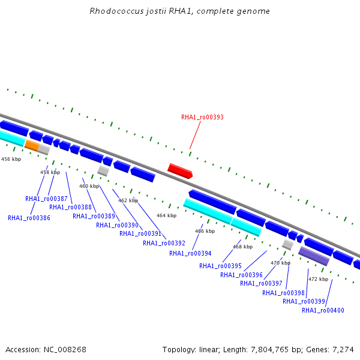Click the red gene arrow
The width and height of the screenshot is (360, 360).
pyautogui.click(x=180, y=171)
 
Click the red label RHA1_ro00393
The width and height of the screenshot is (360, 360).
pyautogui.click(x=202, y=118)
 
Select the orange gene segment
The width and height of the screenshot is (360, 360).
pyautogui.click(x=32, y=146)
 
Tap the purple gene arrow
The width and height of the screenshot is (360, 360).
pyautogui.click(x=314, y=256)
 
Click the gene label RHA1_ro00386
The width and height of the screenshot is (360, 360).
pyautogui.click(x=29, y=218)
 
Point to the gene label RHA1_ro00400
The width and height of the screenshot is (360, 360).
pyautogui.click(x=323, y=310)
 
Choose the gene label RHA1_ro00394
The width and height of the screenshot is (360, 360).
pyautogui.click(x=190, y=253)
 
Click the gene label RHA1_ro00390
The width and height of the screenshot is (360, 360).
pyautogui.click(x=117, y=226)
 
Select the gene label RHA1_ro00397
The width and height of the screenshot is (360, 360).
pyautogui.click(x=261, y=283)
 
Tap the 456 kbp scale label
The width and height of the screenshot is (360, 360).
pyautogui.click(x=11, y=159)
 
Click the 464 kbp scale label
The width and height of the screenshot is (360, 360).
pyautogui.click(x=166, y=215)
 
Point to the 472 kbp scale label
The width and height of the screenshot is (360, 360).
pyautogui.click(x=318, y=279)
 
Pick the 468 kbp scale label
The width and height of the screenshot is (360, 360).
pyautogui.click(x=242, y=247)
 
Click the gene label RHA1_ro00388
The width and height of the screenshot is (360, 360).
pyautogui.click(x=70, y=207)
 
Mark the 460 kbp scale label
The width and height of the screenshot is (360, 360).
pyautogui.click(x=89, y=186)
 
